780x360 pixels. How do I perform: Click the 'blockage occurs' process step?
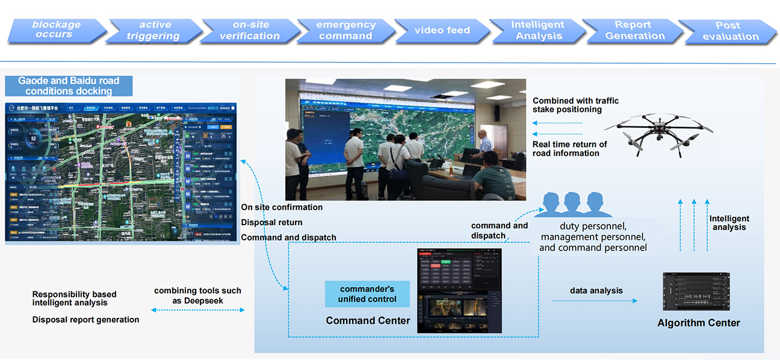click(x=57, y=30)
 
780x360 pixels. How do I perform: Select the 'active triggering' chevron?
click(x=154, y=31)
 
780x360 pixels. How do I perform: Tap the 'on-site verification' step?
click(x=249, y=31)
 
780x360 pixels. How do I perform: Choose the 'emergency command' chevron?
click(x=345, y=31)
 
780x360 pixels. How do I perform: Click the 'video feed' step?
click(x=442, y=31)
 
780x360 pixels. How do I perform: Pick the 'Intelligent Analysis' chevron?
click(x=537, y=31)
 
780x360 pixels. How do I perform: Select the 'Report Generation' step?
click(x=634, y=31)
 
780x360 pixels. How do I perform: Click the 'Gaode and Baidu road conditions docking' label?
click(x=69, y=86)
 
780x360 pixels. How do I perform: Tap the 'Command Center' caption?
click(x=368, y=321)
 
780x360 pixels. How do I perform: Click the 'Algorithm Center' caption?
click(x=698, y=323)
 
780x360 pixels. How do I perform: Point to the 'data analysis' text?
click(x=596, y=291)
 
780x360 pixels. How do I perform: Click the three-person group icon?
click(x=569, y=205)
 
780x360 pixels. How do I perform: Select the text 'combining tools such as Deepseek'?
click(x=197, y=296)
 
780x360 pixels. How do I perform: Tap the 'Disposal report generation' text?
click(x=85, y=320)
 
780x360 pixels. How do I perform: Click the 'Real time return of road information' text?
click(x=569, y=149)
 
